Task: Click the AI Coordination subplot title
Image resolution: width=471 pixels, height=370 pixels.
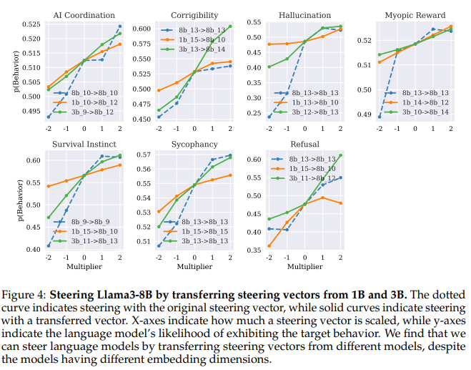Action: point(84,15)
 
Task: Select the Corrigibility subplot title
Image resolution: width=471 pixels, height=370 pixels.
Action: point(194,15)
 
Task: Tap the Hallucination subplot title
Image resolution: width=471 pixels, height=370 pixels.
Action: point(305,15)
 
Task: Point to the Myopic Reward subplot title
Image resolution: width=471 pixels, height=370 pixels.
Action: point(415,15)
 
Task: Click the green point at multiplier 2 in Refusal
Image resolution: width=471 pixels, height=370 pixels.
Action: point(341,155)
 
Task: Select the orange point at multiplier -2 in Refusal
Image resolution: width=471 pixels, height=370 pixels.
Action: point(269,246)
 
